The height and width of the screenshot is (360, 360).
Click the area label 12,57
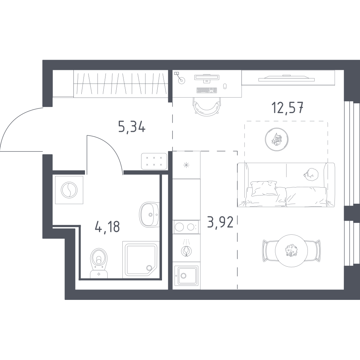pyautogui.click(x=287, y=108)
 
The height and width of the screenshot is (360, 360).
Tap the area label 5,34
pyautogui.click(x=132, y=127)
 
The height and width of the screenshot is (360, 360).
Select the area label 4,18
pyautogui.click(x=107, y=226)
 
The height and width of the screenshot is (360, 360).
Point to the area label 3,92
pyautogui.click(x=220, y=222)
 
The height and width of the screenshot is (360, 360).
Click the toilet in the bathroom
pyautogui.click(x=99, y=263)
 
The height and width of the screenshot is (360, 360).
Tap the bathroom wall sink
pyautogui.click(x=149, y=215)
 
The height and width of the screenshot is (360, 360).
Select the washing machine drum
pyautogui.click(x=69, y=190)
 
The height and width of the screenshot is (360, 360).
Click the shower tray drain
pyautogui.click(x=149, y=267)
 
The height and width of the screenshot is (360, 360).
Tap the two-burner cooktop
pyautogui.click(x=186, y=227)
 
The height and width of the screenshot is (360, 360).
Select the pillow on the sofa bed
pyautogui.click(x=264, y=188)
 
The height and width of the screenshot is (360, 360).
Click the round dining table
pyautogui.click(x=291, y=251)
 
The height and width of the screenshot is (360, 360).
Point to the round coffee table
pyautogui.click(x=276, y=139)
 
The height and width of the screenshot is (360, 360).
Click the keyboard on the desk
pyautogui.click(x=207, y=90)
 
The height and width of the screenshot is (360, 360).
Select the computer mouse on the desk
pyautogui.click(x=225, y=86)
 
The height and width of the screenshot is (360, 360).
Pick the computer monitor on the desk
pyautogui.click(x=207, y=77)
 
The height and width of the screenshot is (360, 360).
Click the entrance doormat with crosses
pyautogui.click(x=154, y=161)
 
